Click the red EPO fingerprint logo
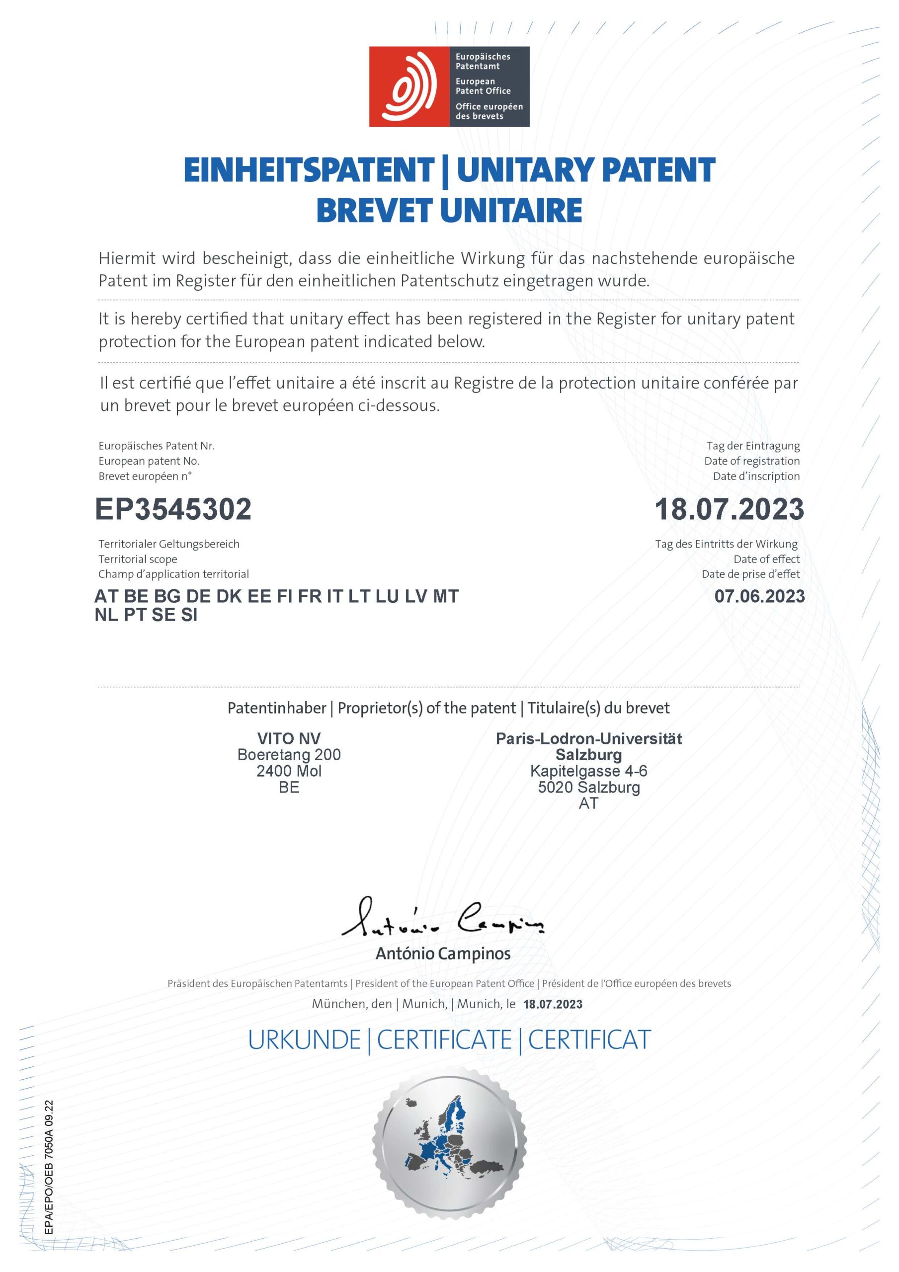[409, 86]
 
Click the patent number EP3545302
[173, 509]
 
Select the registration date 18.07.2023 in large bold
[729, 509]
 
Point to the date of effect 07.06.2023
[759, 596]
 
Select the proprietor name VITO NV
[289, 738]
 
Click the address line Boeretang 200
[289, 755]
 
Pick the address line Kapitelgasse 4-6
[588, 771]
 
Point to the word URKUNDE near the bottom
[304, 1040]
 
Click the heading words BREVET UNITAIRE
[449, 211]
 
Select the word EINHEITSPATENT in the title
[309, 170]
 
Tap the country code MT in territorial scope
[446, 596]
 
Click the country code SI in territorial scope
[189, 615]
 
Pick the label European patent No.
[149, 461]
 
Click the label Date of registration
[751, 461]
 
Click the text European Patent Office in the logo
[483, 86]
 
